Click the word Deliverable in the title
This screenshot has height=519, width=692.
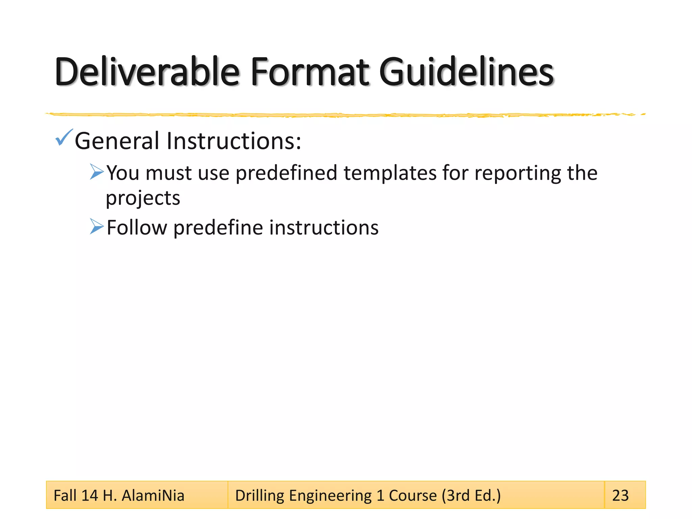(x=147, y=72)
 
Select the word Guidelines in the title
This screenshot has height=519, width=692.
(x=466, y=72)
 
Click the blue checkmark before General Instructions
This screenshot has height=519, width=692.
(x=64, y=138)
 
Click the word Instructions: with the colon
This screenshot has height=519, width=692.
(x=234, y=141)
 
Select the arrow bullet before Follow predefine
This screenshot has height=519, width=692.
(x=97, y=226)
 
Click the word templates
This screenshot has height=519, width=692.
(x=390, y=173)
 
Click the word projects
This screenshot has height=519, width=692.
(x=143, y=198)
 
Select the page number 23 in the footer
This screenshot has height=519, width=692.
(x=620, y=496)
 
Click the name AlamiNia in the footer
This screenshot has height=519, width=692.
(x=153, y=496)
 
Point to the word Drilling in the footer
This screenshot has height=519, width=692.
(x=259, y=496)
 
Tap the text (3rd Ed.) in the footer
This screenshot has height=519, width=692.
(x=471, y=496)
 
